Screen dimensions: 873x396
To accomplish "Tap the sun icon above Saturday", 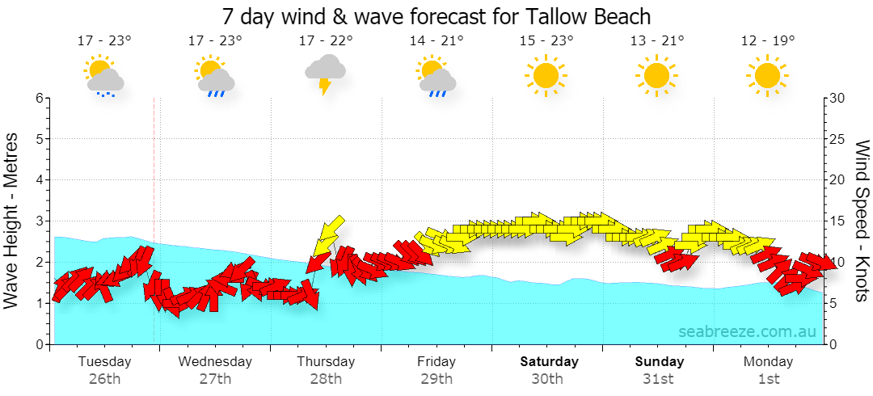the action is (x=545, y=74).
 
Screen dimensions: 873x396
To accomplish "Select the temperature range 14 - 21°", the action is (x=436, y=40).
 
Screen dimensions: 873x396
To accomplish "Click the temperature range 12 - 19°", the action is (x=768, y=40).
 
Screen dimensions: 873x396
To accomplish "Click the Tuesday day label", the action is (x=104, y=361).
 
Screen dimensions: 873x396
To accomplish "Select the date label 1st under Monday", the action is (x=769, y=380).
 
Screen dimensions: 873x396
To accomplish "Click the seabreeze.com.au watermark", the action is (x=747, y=331).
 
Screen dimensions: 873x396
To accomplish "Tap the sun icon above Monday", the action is (x=767, y=74).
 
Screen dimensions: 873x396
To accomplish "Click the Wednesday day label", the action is (x=215, y=361).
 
